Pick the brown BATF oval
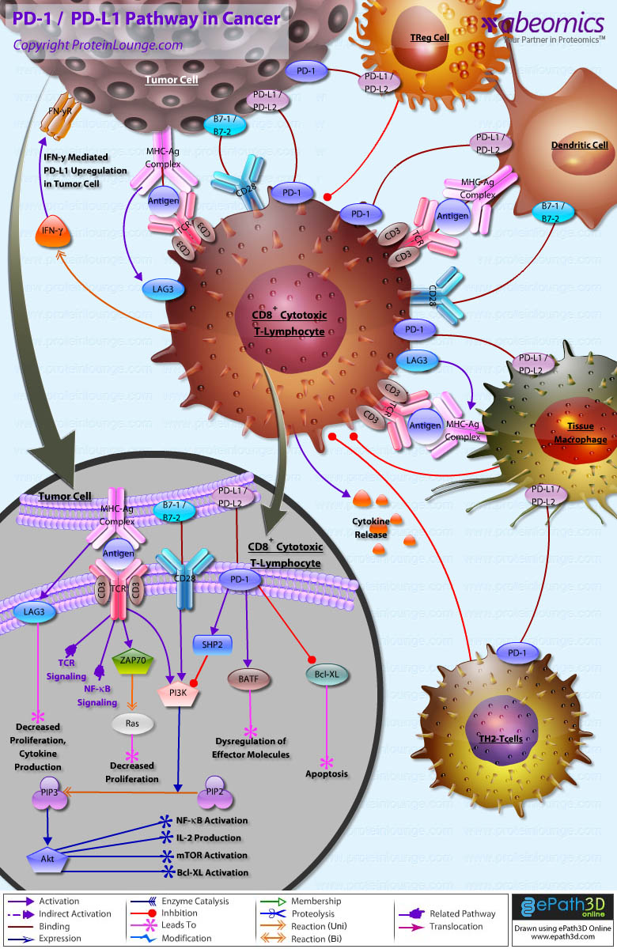248,678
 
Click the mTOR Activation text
211,856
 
